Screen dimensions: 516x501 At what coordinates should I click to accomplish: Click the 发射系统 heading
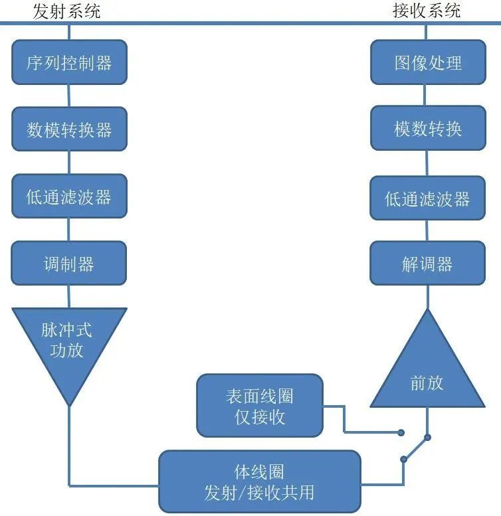coord(66,11)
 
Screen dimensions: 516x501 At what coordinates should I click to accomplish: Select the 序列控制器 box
coord(69,63)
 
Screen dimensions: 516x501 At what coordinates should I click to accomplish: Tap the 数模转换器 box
coord(69,129)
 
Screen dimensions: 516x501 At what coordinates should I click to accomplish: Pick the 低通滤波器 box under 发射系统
coord(69,197)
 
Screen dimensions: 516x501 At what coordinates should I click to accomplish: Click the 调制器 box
coord(69,264)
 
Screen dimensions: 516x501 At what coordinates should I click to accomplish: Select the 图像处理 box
coord(427,63)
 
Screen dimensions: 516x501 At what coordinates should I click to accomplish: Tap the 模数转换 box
coord(427,129)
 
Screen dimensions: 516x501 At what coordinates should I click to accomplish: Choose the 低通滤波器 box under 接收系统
coord(427,198)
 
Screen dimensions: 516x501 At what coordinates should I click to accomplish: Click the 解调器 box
coord(427,264)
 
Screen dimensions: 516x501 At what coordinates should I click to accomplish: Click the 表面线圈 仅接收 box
coord(260,406)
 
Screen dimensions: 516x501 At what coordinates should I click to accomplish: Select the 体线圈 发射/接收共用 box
coord(259,481)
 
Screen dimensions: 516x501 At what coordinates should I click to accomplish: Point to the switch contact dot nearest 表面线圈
coord(401,432)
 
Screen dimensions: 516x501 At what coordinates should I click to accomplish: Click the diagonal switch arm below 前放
coord(415,448)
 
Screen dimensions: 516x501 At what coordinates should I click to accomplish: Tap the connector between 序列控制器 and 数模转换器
coord(69,95)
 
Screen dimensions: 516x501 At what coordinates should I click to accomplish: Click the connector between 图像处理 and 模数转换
coord(427,95)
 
